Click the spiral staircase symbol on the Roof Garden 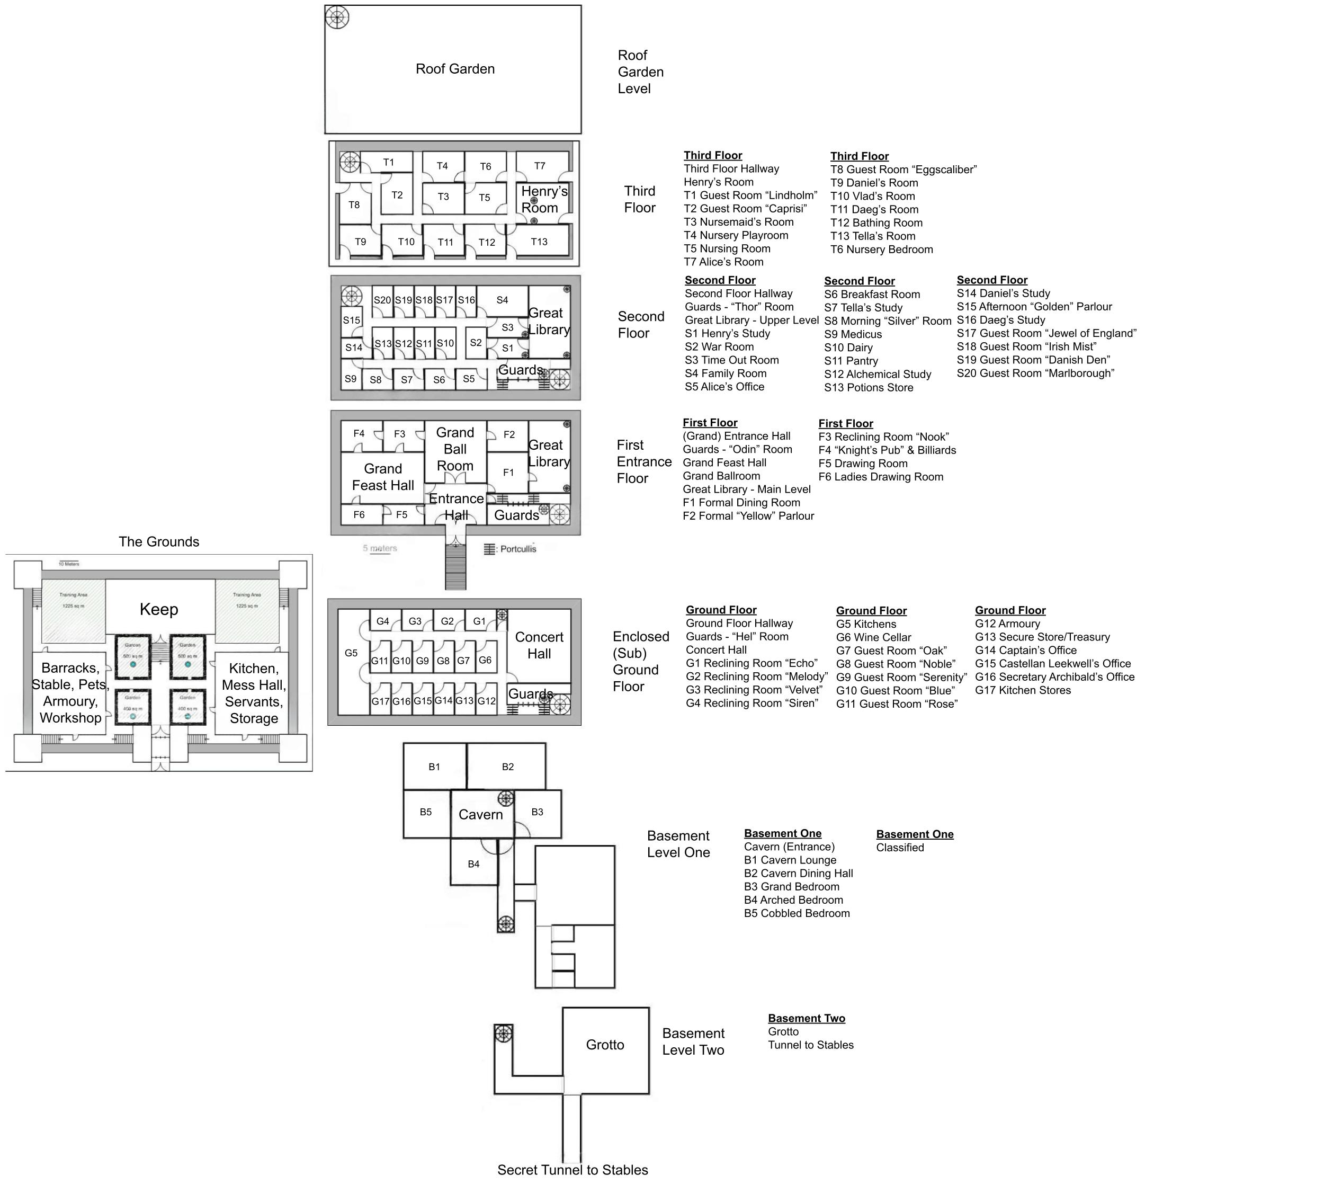pos(337,17)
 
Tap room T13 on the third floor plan pos(539,242)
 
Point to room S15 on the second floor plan pos(351,320)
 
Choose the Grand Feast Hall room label pos(383,477)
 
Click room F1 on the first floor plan pos(508,472)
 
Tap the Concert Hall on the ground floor pos(539,645)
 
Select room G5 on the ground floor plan pos(351,653)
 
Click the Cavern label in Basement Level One pos(481,814)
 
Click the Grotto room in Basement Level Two pos(605,1044)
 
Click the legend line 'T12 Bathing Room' pos(876,222)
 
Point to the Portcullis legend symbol pos(489,549)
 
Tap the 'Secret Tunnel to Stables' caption pos(572,1170)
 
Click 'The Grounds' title pos(159,541)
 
